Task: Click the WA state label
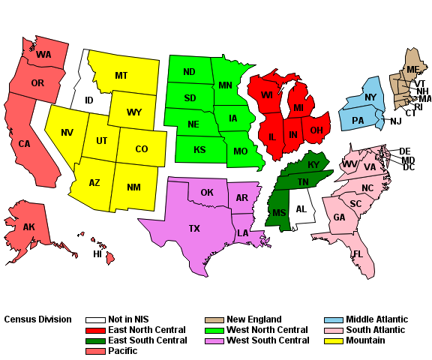coord(43,55)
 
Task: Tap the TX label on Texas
coord(194,228)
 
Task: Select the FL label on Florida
coord(358,253)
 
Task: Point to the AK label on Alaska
coord(28,227)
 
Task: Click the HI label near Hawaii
coord(97,253)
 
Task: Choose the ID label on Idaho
coord(88,100)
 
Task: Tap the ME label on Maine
coord(412,70)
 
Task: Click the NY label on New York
coord(370,97)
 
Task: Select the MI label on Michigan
coord(298,108)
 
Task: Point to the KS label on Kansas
coord(199,150)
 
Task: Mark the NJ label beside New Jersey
coord(396,121)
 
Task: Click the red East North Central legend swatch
coord(95,330)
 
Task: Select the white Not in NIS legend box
coord(95,319)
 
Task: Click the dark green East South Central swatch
coord(95,340)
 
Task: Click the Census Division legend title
coord(38,319)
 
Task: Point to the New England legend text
coord(254,319)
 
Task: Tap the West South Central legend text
coord(268,340)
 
